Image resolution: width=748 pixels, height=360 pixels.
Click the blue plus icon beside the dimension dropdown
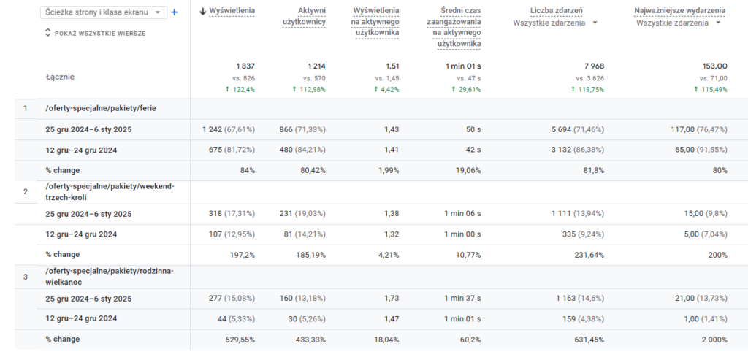tap(174, 12)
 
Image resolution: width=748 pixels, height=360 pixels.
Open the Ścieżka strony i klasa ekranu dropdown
tap(104, 12)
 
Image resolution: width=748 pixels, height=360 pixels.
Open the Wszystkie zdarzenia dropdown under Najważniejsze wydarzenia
tap(678, 23)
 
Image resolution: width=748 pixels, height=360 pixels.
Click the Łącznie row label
tap(60, 77)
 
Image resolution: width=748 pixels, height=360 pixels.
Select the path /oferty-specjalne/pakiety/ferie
tap(101, 108)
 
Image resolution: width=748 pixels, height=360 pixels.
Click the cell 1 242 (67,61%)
tap(229, 129)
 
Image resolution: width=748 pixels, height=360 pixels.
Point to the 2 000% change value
tap(711, 340)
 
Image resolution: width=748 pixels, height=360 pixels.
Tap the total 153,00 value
tap(713, 66)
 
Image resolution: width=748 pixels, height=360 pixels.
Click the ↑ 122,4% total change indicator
tap(239, 89)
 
